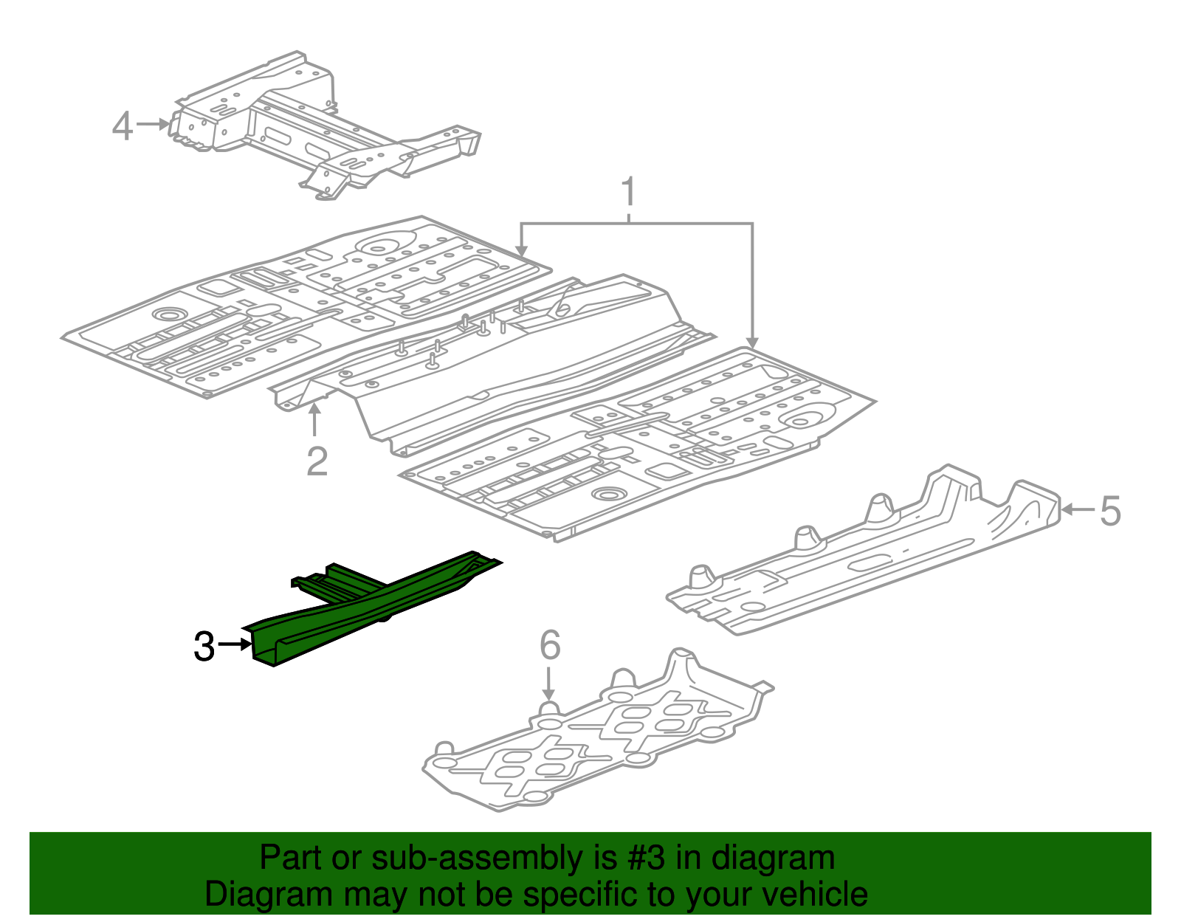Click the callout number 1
pyautogui.click(x=628, y=192)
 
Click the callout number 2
pyautogui.click(x=317, y=461)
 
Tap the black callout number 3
pyautogui.click(x=204, y=647)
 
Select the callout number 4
pyautogui.click(x=123, y=126)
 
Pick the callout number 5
pyautogui.click(x=1110, y=511)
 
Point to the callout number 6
pyautogui.click(x=550, y=645)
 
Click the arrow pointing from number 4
pyautogui.click(x=154, y=125)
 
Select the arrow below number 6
pyautogui.click(x=548, y=683)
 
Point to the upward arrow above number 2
pyautogui.click(x=315, y=421)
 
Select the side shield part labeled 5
pyautogui.click(x=871, y=554)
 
